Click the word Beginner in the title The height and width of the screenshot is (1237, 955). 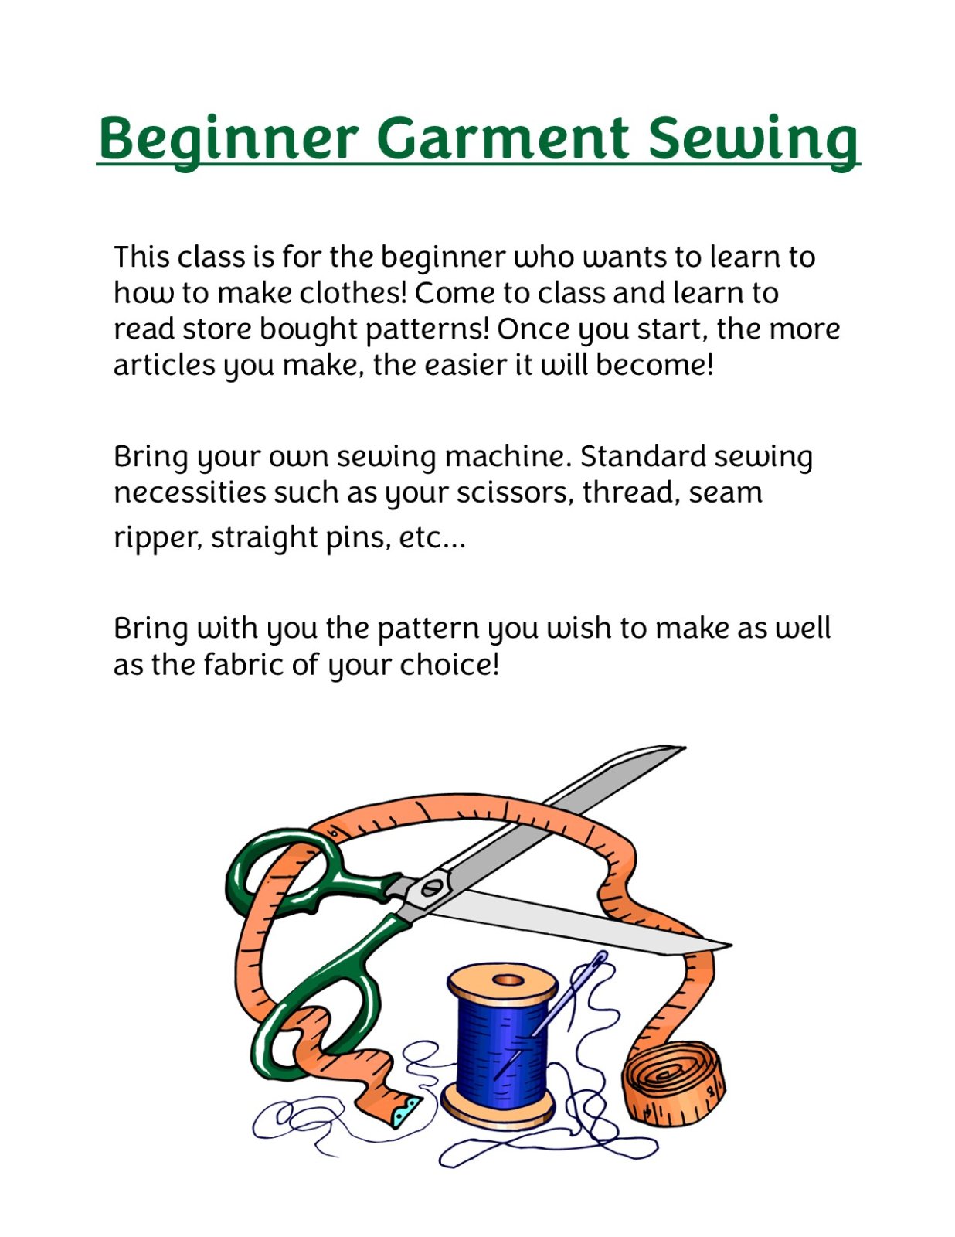228,139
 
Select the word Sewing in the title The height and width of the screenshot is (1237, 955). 753,139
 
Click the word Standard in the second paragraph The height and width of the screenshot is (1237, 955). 642,456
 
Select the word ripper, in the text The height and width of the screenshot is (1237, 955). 158,538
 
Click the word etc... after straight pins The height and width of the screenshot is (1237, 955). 432,537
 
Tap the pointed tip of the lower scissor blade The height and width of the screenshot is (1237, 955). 726,945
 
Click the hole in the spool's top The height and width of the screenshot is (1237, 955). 508,980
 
